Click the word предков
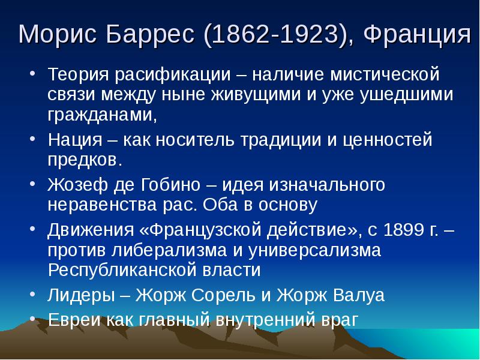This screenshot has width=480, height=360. point(85,160)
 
